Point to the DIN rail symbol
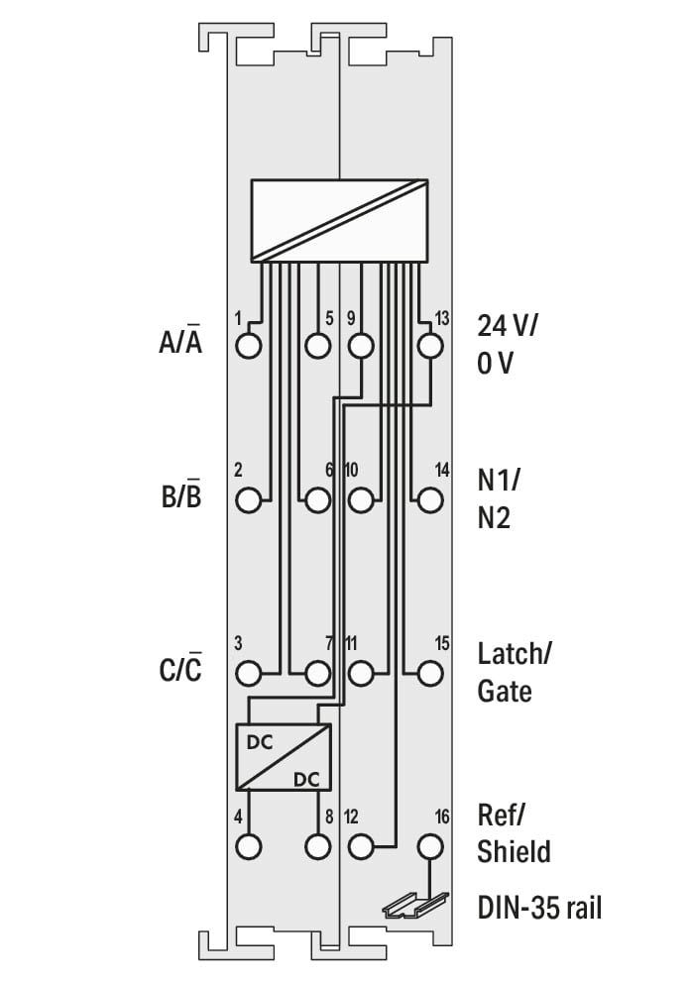pyautogui.click(x=416, y=906)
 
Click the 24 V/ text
pyautogui.click(x=508, y=326)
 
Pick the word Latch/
pyautogui.click(x=515, y=654)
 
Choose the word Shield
pyautogui.click(x=515, y=851)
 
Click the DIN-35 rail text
pyautogui.click(x=539, y=907)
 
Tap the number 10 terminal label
pyautogui.click(x=351, y=470)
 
